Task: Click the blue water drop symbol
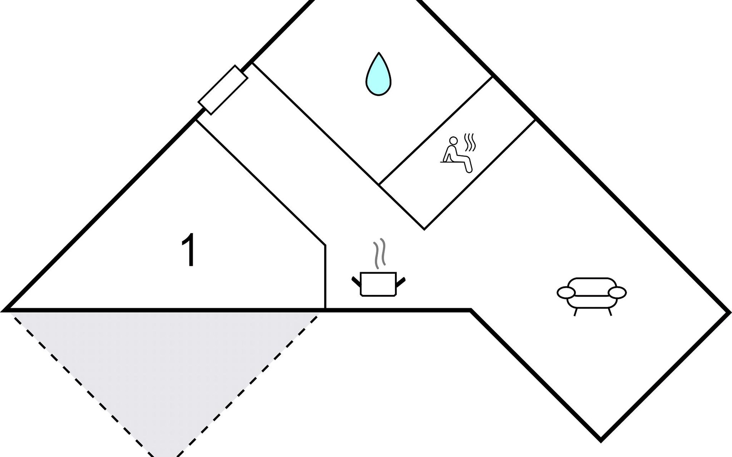coord(379,76)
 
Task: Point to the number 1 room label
coord(189,250)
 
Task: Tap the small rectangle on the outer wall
coord(223,90)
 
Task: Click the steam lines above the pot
coord(379,253)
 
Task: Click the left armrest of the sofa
coord(566,292)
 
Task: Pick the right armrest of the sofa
coord(617,292)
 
